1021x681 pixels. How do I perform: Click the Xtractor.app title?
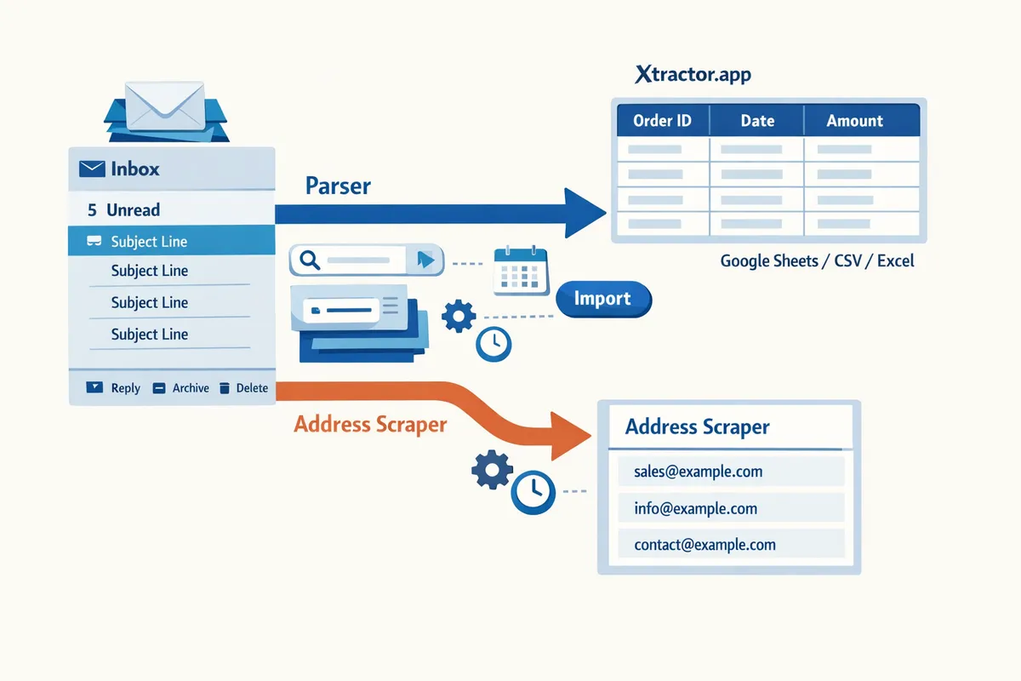[x=693, y=75]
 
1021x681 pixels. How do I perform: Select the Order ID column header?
[x=662, y=121]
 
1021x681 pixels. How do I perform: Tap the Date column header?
[x=757, y=121]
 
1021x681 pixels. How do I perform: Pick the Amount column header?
[x=854, y=121]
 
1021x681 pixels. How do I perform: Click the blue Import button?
[x=602, y=299]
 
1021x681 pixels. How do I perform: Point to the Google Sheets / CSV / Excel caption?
[x=817, y=261]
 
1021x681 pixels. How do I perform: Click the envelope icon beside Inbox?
[x=91, y=169]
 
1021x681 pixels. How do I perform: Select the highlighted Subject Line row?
[x=170, y=242]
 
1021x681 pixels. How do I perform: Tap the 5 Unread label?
[x=124, y=209]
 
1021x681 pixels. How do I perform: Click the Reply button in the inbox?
[x=114, y=388]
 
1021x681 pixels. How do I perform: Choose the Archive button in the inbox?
[x=180, y=388]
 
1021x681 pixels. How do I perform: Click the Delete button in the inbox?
[x=243, y=388]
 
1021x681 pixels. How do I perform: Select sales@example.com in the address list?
[x=698, y=472]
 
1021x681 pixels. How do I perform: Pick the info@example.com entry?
[x=695, y=509]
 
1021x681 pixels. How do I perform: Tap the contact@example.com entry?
[x=704, y=545]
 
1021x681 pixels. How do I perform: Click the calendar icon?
[x=520, y=270]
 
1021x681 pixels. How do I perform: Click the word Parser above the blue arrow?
[x=338, y=186]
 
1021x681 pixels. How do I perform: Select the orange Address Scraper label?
[x=370, y=424]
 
